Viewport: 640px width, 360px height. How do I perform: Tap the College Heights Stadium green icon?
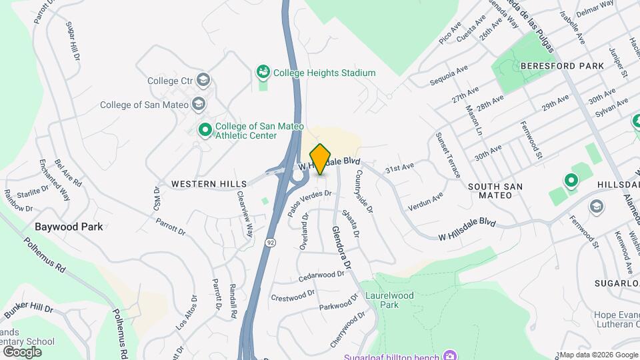pyautogui.click(x=263, y=72)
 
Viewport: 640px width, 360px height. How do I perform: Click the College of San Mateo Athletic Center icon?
pyautogui.click(x=205, y=129)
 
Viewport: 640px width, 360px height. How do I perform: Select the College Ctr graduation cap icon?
pyautogui.click(x=203, y=81)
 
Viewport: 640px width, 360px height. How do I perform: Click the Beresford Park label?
pyautogui.click(x=562, y=66)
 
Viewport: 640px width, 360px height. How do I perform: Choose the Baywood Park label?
pyautogui.click(x=69, y=227)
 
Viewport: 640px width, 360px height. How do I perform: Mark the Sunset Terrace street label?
pyautogui.click(x=448, y=155)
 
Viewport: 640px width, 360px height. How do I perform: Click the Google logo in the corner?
pyautogui.click(x=22, y=351)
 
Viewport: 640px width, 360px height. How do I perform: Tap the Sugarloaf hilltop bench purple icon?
pyautogui.click(x=450, y=354)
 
